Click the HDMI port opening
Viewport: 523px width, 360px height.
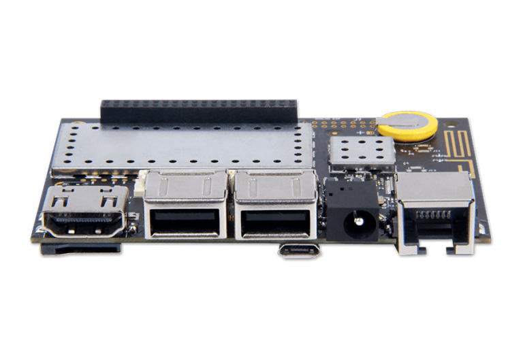pos(84,222)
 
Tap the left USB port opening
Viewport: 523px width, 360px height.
pos(185,224)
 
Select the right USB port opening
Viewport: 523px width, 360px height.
pos(274,224)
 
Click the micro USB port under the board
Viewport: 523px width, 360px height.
pos(298,252)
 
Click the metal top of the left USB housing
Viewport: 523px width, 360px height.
pos(185,184)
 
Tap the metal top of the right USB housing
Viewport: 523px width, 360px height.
pos(274,184)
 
